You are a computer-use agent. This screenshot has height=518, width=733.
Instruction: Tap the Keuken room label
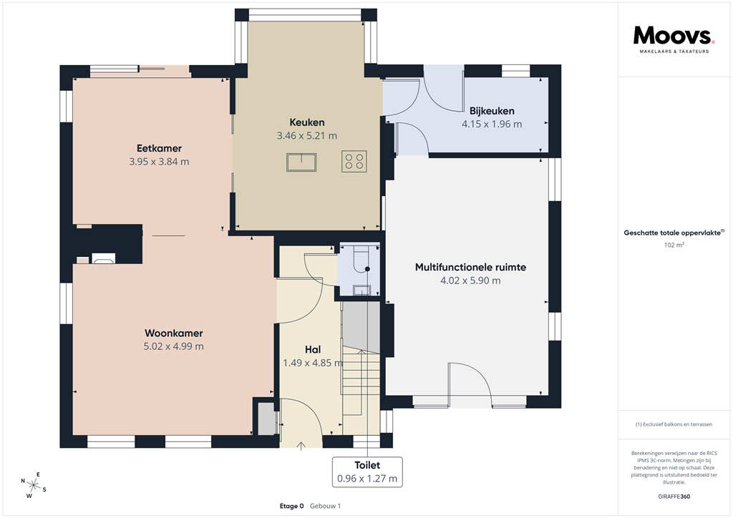pyautogui.click(x=307, y=122)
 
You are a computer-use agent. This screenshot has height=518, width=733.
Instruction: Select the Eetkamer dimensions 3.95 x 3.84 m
pyautogui.click(x=159, y=162)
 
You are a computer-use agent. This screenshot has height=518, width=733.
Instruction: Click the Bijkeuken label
pyautogui.click(x=492, y=111)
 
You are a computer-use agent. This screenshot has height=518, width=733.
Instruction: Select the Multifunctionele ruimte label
pyautogui.click(x=470, y=267)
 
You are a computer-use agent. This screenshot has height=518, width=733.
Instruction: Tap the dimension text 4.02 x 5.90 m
pyautogui.click(x=470, y=280)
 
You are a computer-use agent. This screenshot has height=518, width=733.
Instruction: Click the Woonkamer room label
pyautogui.click(x=173, y=333)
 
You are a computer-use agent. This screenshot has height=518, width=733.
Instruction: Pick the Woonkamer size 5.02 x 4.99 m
pyautogui.click(x=173, y=347)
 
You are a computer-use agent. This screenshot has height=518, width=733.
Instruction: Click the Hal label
pyautogui.click(x=312, y=349)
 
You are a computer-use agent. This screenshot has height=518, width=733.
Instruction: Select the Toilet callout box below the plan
pyautogui.click(x=366, y=471)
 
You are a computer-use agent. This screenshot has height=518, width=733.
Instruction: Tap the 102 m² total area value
pyautogui.click(x=674, y=245)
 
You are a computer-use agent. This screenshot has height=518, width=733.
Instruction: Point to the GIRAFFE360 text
pyautogui.click(x=675, y=497)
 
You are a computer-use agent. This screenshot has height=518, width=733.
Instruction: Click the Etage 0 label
pyautogui.click(x=291, y=506)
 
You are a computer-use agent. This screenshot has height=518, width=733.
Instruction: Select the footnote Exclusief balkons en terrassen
pyautogui.click(x=674, y=424)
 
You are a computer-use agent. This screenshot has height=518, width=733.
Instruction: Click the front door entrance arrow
pyautogui.click(x=301, y=446)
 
